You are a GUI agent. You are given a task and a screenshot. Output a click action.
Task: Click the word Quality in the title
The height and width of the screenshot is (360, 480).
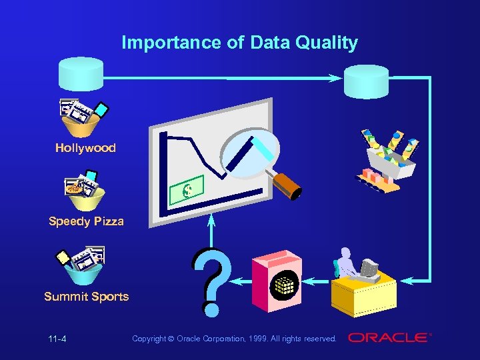pyautogui.click(x=327, y=43)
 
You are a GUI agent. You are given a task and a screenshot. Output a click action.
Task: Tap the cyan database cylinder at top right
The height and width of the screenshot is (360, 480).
pyautogui.click(x=366, y=81)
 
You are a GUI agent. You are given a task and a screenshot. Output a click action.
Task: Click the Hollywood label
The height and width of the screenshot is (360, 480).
pyautogui.click(x=85, y=148)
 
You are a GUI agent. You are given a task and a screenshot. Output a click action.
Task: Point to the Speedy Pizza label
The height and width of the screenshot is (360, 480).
pyautogui.click(x=86, y=221)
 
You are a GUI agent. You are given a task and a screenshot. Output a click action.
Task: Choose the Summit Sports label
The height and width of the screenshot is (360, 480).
pyautogui.click(x=86, y=297)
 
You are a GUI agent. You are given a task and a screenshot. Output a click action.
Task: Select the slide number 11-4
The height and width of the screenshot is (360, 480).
pyautogui.click(x=57, y=339)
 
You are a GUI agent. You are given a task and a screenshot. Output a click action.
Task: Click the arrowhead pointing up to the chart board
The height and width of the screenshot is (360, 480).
pyautogui.click(x=212, y=221)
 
